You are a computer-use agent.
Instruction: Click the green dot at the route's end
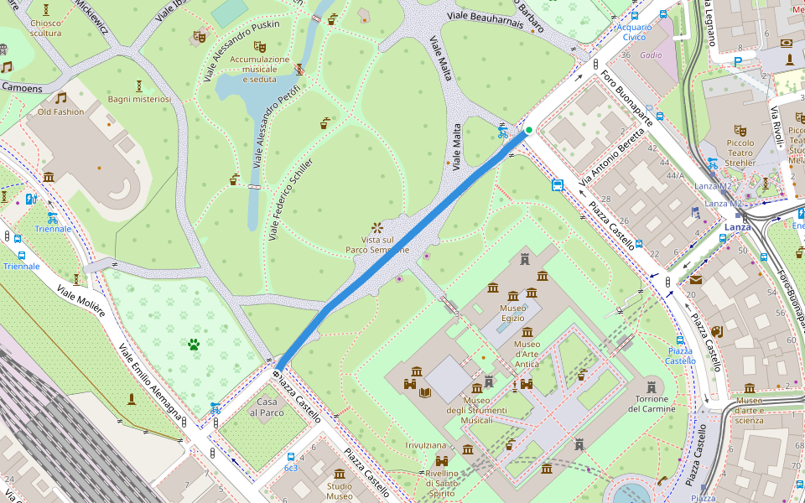529,129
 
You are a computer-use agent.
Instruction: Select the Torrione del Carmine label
651,403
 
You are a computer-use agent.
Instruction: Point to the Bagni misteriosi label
139,99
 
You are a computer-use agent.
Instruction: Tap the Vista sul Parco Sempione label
378,244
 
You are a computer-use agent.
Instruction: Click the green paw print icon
194,344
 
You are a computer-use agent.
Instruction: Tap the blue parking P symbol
737,61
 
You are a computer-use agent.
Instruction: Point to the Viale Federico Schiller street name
291,200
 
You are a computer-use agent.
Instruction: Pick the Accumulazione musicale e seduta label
259,70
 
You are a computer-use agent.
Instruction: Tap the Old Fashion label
60,111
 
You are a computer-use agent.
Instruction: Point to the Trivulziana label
426,445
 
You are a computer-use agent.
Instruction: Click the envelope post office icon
695,279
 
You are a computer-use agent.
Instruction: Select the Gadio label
651,55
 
